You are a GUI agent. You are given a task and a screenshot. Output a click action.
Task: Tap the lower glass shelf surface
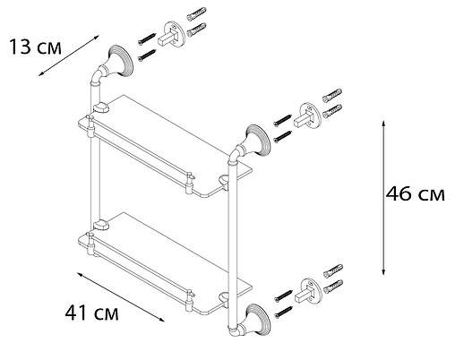tap(161, 260)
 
